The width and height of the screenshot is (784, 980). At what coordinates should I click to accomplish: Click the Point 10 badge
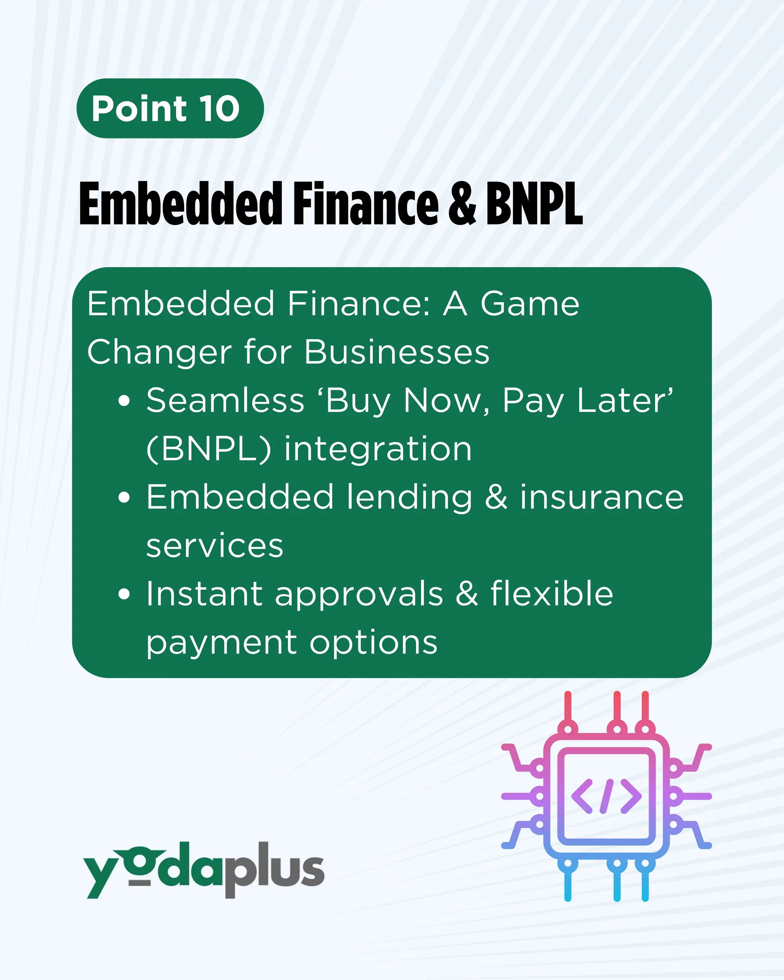coord(170,108)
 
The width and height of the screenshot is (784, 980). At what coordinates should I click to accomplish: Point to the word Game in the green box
coord(529,304)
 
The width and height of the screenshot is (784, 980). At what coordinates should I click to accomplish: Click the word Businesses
coord(397,352)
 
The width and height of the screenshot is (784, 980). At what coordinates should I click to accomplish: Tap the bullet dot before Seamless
coord(124,400)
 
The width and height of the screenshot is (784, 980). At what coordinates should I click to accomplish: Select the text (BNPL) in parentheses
coord(209,449)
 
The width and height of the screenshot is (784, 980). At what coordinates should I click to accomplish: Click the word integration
coord(378,449)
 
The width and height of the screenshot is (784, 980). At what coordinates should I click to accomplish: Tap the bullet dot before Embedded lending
coord(124,497)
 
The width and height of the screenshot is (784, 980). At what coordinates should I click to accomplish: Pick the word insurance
coord(602,497)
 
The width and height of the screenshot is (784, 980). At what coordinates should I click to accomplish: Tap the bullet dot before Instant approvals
coord(124,594)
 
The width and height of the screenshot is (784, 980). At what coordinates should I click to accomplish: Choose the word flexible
coord(552,594)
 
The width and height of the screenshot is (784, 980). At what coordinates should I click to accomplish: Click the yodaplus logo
coord(204,869)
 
